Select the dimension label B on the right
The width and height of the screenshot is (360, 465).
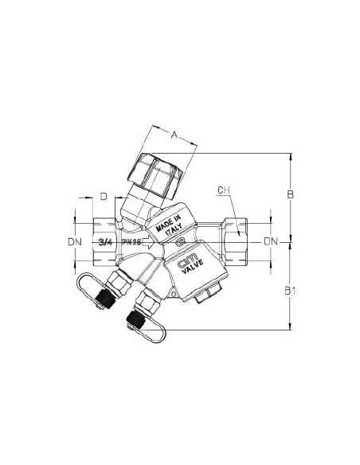tap(292, 194)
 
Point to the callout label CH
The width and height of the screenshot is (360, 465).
tap(223, 191)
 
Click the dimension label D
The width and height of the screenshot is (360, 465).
tap(104, 195)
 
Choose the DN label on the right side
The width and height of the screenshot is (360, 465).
tap(271, 240)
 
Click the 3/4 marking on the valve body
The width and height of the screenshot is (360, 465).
tap(104, 240)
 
